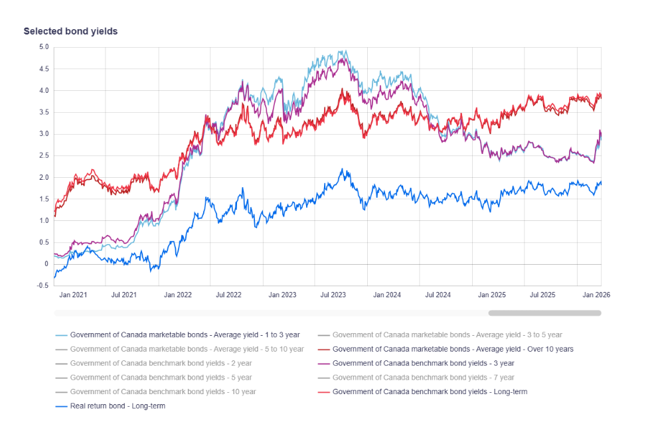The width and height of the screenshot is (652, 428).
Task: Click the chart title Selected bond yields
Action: pos(70,31)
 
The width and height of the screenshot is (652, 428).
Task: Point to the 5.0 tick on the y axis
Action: pos(43,47)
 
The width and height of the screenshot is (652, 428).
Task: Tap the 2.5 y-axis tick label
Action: pos(43,156)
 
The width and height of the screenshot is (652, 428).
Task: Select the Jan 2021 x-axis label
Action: pos(73,295)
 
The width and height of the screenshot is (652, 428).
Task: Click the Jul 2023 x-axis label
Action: pos(333,295)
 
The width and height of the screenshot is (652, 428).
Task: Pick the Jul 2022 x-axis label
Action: pos(230,295)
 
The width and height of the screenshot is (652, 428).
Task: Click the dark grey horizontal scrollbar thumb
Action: pos(544,313)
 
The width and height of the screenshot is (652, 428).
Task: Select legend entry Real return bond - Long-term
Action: pos(118,406)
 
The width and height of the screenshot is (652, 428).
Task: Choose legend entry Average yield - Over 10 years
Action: pos(453,349)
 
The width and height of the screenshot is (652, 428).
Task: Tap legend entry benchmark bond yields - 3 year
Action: pos(423,364)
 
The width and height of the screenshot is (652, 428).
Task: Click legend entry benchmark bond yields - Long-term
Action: pos(430,392)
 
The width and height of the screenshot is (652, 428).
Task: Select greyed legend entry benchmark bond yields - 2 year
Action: pos(161,364)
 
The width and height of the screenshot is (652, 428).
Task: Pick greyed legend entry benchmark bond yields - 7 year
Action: pos(423,378)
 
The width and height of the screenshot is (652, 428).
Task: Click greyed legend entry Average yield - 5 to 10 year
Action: pos(187,349)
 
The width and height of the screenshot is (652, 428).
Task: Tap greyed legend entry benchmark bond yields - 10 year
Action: pos(163,392)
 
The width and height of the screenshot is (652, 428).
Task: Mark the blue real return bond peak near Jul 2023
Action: pos(342,169)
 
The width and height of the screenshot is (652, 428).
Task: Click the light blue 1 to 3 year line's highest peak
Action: pos(343,51)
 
